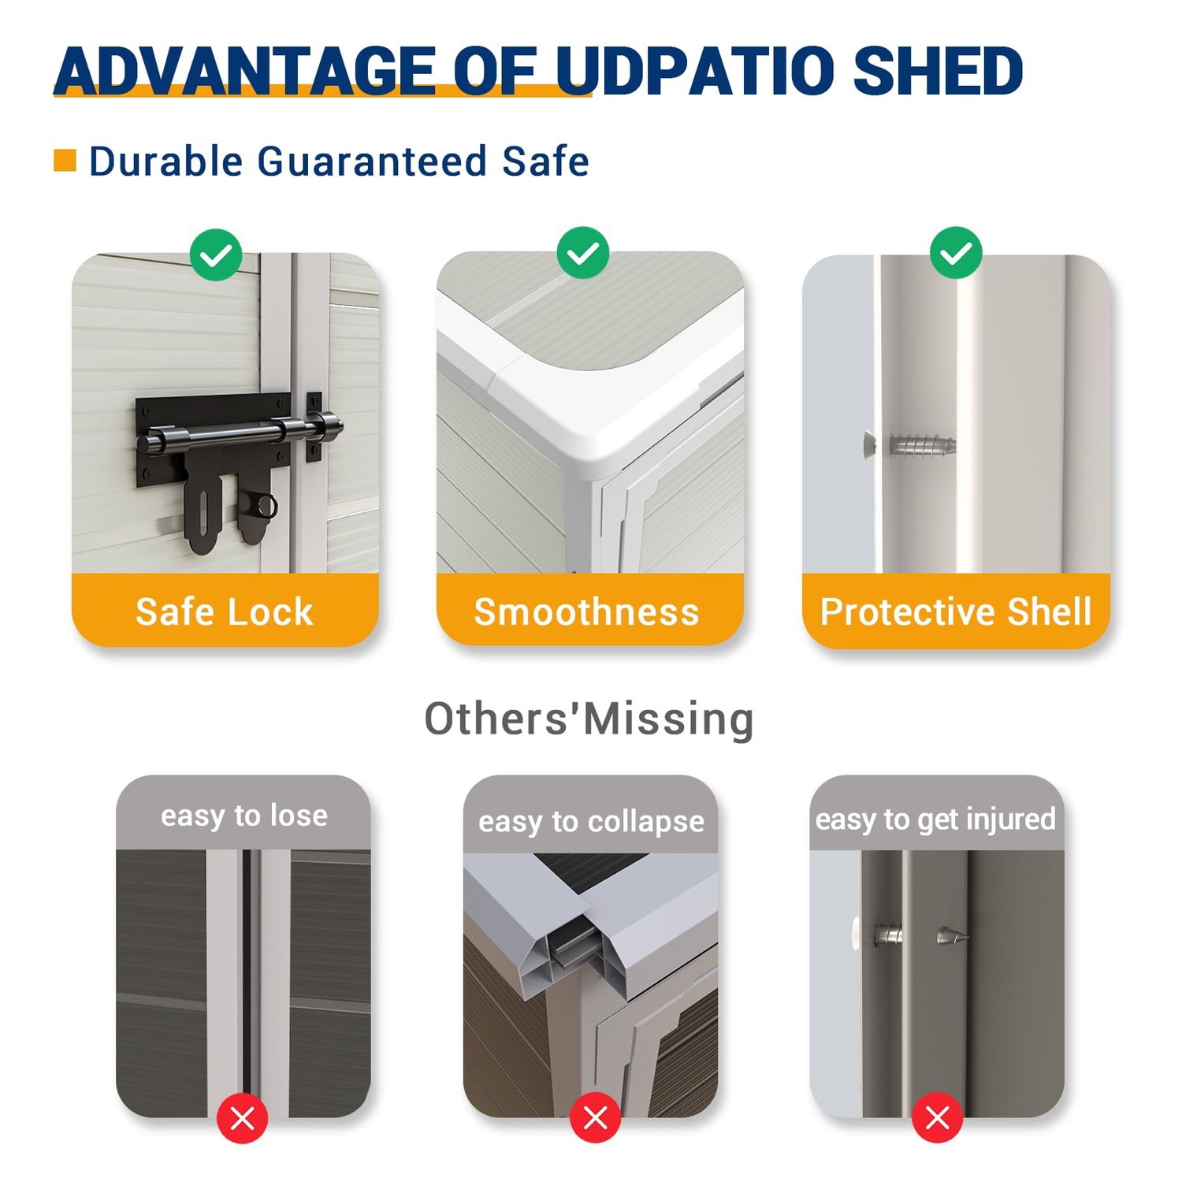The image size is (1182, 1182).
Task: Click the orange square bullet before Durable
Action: click(65, 160)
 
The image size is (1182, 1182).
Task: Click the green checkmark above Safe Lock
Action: click(216, 255)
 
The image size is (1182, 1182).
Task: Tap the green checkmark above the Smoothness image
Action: click(583, 253)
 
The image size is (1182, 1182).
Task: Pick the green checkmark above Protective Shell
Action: click(956, 253)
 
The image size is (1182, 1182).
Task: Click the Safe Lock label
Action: click(225, 611)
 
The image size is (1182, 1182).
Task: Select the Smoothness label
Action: click(586, 611)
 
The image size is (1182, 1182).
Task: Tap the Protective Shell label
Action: click(956, 611)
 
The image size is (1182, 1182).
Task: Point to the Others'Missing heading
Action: click(589, 719)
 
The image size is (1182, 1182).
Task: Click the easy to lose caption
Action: click(244, 816)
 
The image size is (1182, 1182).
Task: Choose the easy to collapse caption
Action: click(591, 822)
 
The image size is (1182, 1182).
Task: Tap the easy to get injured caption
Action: click(935, 820)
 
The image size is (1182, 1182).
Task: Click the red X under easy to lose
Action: click(243, 1117)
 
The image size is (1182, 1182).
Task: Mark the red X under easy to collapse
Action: click(595, 1117)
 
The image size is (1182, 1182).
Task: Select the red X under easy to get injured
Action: click(938, 1117)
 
